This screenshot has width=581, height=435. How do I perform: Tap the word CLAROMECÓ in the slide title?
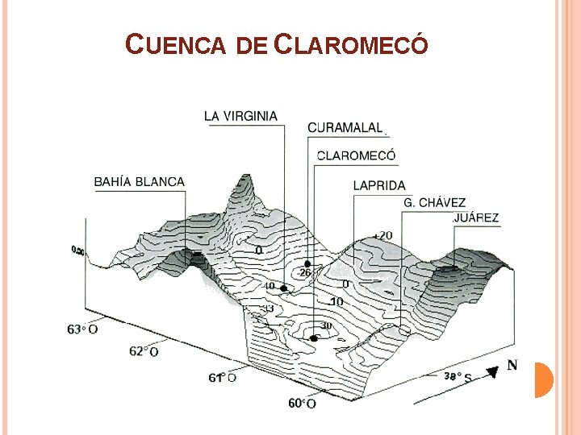click(x=351, y=45)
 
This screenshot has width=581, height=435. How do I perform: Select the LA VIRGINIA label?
click(x=240, y=116)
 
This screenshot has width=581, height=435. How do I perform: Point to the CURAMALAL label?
click(x=345, y=127)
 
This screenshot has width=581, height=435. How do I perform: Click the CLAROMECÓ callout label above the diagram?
click(x=356, y=155)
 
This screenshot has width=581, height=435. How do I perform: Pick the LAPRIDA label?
click(x=379, y=186)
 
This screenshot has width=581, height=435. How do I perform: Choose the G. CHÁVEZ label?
click(x=435, y=202)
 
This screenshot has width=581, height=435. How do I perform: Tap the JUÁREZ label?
click(x=476, y=217)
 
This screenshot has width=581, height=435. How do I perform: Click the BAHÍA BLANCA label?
click(x=139, y=182)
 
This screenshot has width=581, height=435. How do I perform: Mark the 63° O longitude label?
click(x=82, y=329)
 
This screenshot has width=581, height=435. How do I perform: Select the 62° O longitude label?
click(x=144, y=351)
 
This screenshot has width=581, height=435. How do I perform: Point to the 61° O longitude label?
click(x=223, y=377)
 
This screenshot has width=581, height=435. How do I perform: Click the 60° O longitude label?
click(x=302, y=404)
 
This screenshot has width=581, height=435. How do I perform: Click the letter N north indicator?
click(x=512, y=365)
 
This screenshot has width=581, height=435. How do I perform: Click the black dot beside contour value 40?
click(x=283, y=288)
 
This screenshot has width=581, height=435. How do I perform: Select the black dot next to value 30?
click(x=314, y=338)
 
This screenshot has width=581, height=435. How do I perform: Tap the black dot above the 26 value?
click(x=307, y=264)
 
